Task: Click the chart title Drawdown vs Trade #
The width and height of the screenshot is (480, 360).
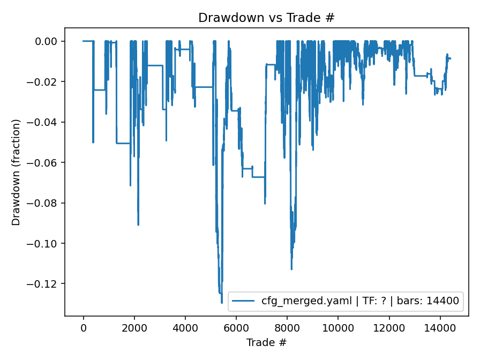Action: pos(266,18)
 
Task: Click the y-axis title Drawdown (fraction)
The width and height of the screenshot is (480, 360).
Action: pos(17,172)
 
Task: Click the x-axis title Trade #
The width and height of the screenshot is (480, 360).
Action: pos(266,342)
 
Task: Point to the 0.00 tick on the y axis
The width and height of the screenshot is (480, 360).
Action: pos(49,41)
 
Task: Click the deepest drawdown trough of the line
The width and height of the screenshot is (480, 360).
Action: pos(222,303)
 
